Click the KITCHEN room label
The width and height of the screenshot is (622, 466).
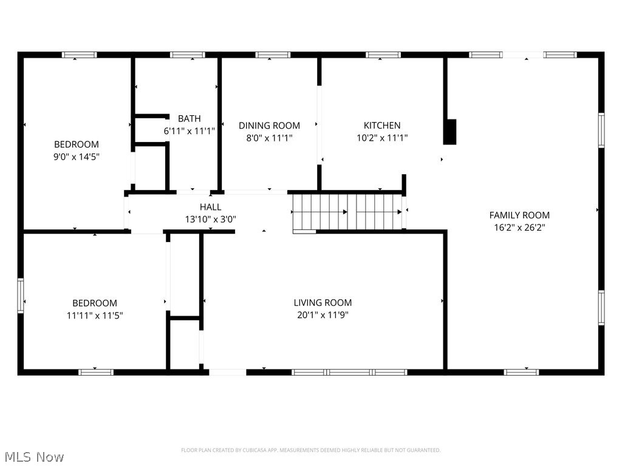381,126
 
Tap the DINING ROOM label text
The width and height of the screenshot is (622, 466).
269,126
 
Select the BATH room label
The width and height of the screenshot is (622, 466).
189,118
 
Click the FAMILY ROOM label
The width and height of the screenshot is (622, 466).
519,215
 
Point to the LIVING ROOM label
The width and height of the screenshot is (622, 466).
323,303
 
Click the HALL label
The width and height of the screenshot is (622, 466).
210,207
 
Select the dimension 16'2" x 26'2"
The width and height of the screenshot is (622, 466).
519,228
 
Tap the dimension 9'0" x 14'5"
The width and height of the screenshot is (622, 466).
77,157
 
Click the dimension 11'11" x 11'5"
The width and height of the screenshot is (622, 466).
95,316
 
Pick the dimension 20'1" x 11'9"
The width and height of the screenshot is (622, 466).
323,316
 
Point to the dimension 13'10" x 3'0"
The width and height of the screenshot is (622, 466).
210,220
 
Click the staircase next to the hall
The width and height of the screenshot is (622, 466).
347,212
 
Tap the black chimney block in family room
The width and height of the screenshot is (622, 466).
449,132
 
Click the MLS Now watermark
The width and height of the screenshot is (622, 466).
33,456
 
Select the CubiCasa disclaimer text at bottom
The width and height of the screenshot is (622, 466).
310,450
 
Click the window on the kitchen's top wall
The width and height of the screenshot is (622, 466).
383,55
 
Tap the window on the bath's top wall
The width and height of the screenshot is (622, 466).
188,55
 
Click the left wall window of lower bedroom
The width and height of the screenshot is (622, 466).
20,295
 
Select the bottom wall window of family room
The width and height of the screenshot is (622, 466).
521,371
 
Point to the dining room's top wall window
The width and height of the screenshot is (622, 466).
273,55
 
